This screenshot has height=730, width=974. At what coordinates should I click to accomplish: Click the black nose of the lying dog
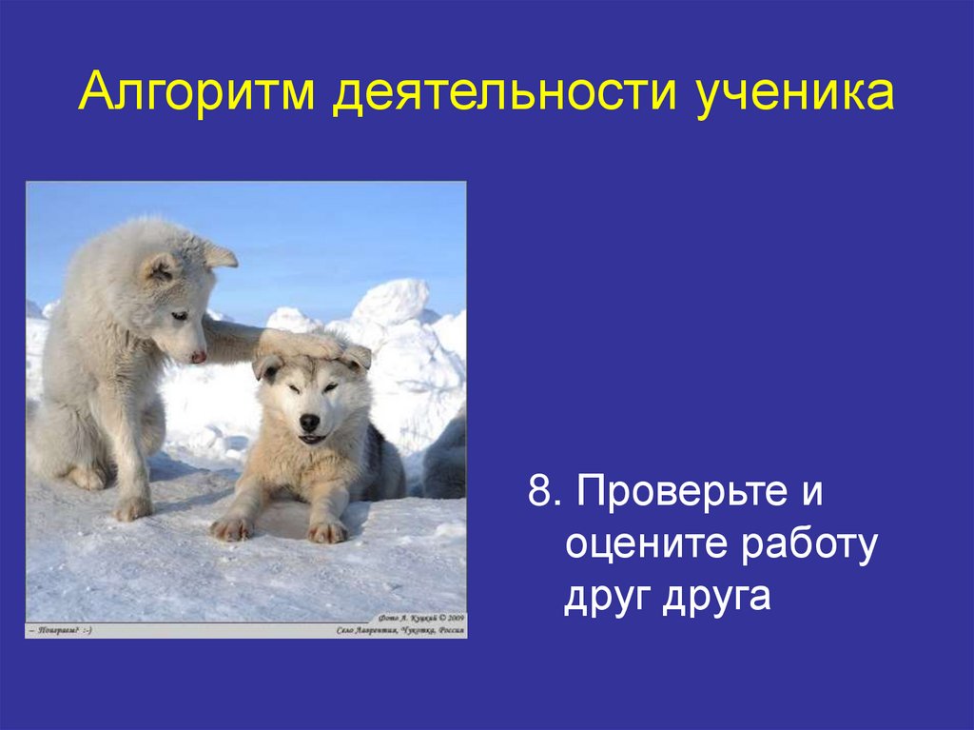pos(309,422)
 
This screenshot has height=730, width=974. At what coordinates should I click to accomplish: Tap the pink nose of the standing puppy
pos(198,357)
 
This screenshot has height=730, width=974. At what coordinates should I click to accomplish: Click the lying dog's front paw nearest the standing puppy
pos(231,526)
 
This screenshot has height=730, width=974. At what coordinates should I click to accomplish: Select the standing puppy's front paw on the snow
pos(132,508)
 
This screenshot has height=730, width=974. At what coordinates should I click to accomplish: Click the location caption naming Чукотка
pos(399,630)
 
